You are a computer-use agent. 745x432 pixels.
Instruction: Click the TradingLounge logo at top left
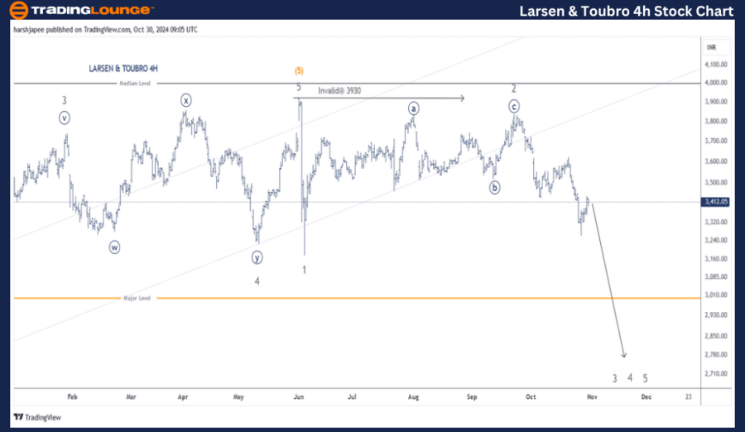[x=81, y=11]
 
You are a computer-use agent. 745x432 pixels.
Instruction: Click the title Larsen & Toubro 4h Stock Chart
[x=626, y=11]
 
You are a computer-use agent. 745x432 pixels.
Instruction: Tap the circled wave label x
[x=186, y=100]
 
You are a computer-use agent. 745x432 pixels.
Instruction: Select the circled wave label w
[x=115, y=246]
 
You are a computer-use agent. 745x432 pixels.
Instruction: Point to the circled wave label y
[x=257, y=257]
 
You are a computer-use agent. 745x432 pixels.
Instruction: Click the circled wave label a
[x=412, y=108]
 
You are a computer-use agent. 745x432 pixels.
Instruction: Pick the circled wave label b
[x=495, y=187]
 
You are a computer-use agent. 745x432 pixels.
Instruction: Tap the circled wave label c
[x=514, y=106]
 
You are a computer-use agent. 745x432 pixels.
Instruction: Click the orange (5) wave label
[x=299, y=70]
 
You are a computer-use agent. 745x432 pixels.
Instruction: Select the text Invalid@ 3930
[x=340, y=90]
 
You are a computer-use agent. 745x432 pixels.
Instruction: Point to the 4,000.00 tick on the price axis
[x=716, y=83]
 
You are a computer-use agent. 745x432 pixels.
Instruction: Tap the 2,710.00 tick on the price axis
[x=716, y=373]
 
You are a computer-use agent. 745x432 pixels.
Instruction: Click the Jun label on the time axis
[x=299, y=396]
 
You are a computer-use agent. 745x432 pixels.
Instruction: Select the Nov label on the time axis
[x=593, y=396]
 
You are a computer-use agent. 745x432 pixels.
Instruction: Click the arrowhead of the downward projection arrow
[x=625, y=356]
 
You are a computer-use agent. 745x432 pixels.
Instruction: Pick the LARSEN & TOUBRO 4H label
[x=123, y=69]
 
